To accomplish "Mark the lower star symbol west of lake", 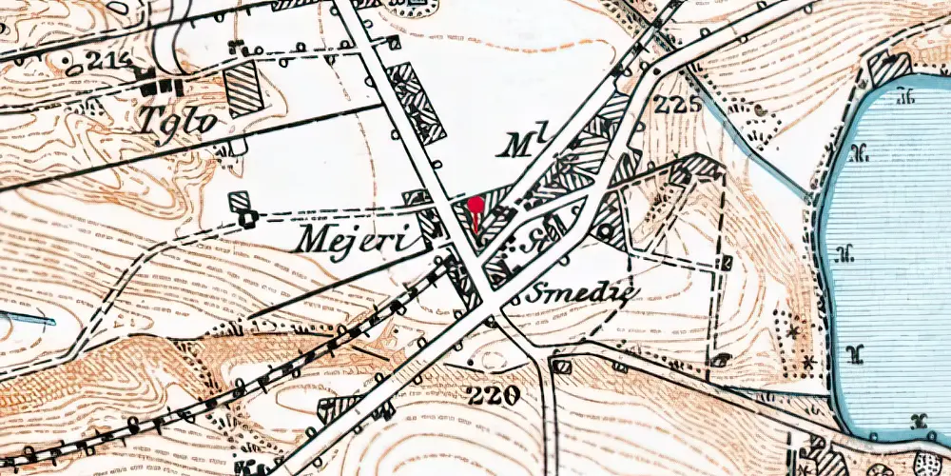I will pyautogui.click(x=807, y=362).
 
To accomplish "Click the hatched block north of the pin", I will pyautogui.click(x=417, y=105).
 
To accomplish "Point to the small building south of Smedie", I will pyautogui.click(x=561, y=365).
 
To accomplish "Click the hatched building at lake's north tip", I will pyautogui.click(x=888, y=68).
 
